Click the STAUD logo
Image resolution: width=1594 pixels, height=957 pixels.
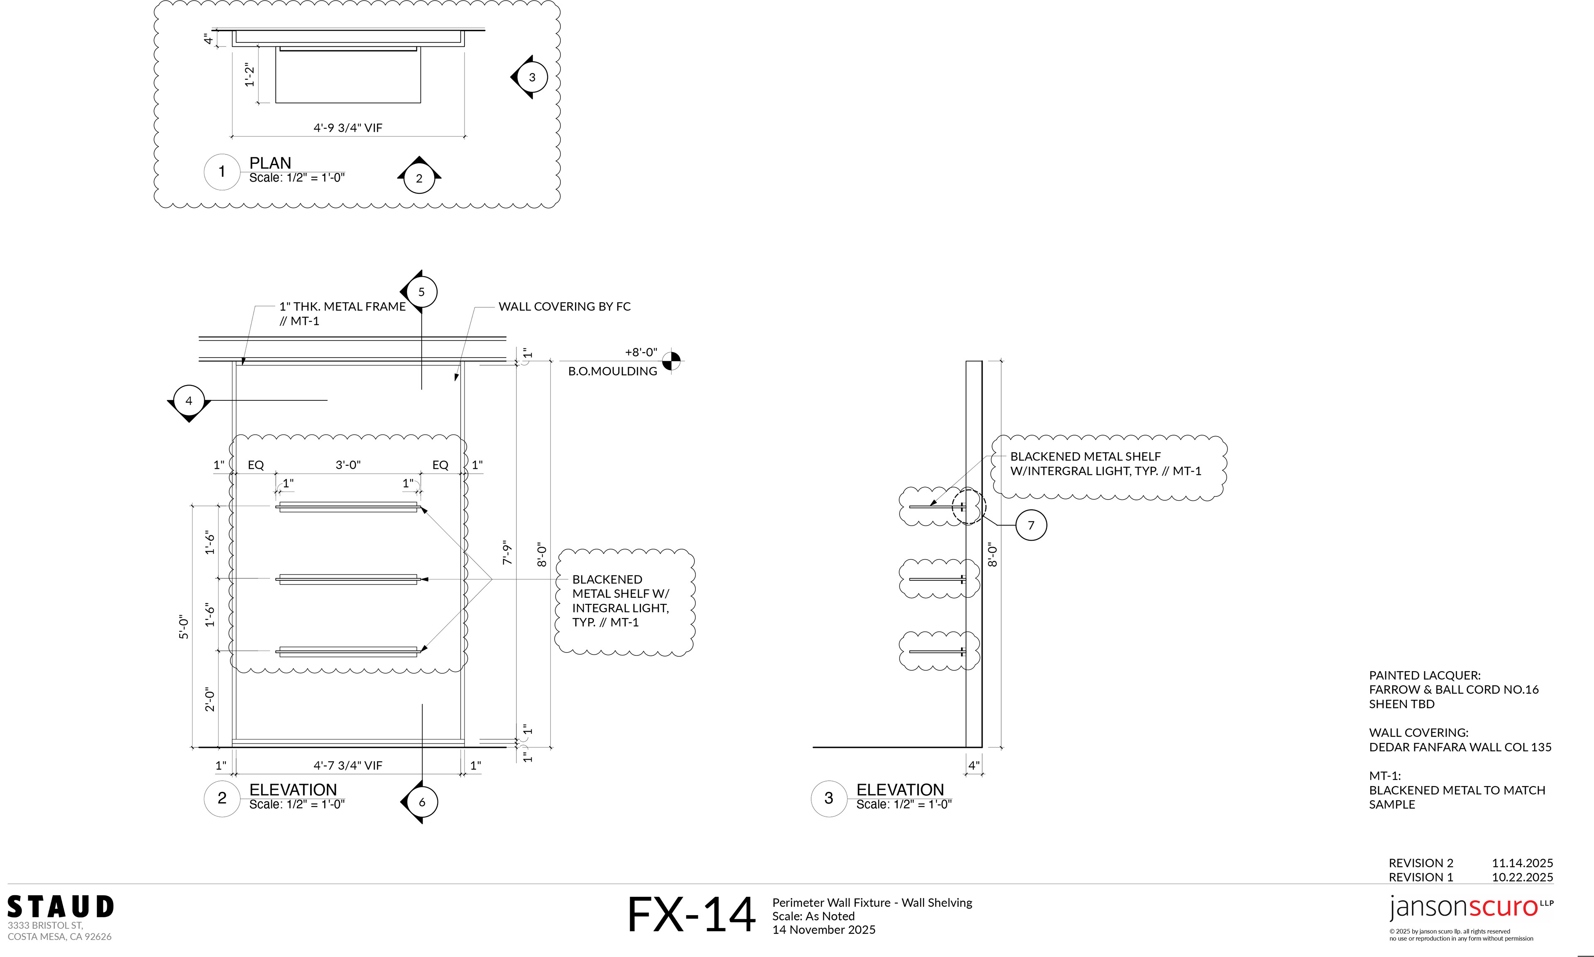click(x=61, y=907)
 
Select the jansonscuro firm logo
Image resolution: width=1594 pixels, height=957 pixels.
click(x=1471, y=907)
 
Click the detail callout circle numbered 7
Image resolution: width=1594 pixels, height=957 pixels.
click(x=1031, y=525)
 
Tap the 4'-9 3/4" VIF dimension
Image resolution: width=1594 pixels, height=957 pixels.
click(x=348, y=128)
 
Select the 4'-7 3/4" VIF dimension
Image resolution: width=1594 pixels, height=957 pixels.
click(x=348, y=765)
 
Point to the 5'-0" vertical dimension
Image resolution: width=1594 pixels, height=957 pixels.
click(x=184, y=627)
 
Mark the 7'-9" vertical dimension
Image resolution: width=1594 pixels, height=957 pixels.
click(x=507, y=553)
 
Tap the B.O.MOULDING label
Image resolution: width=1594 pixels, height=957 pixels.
click(x=612, y=371)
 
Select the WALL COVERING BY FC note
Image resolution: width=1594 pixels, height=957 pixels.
click(x=565, y=306)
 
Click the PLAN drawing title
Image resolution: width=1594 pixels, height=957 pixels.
click(x=270, y=163)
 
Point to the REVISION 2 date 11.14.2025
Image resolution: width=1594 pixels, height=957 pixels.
click(x=1522, y=863)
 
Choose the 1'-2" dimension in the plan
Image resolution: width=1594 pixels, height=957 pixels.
click(x=250, y=74)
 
